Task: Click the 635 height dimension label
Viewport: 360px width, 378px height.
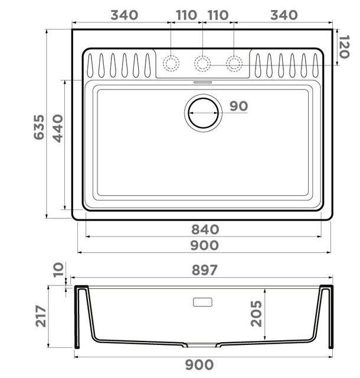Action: (x=39, y=127)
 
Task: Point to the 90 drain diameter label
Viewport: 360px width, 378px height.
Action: (x=238, y=106)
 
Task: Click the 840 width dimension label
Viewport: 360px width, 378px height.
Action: (x=205, y=229)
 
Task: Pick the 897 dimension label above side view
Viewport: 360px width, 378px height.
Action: (x=205, y=270)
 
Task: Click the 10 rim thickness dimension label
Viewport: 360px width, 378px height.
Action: (x=58, y=271)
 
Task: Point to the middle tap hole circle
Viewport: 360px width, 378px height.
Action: (x=202, y=63)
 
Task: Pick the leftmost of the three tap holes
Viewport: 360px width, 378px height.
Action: (x=171, y=63)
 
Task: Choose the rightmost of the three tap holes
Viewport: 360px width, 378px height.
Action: (x=234, y=63)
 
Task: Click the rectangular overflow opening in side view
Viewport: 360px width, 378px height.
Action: (x=202, y=302)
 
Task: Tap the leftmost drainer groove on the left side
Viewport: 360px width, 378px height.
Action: (x=91, y=64)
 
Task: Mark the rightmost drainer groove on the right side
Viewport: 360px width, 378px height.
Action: (x=316, y=64)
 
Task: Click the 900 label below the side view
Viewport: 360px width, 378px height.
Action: (x=201, y=366)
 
